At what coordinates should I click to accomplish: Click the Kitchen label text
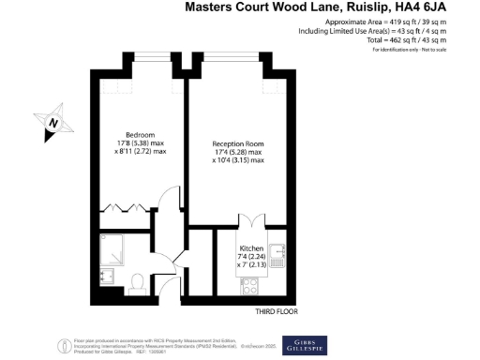pyautogui.click(x=252, y=246)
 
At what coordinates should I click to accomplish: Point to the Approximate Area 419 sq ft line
pyautogui.click(x=398, y=22)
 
